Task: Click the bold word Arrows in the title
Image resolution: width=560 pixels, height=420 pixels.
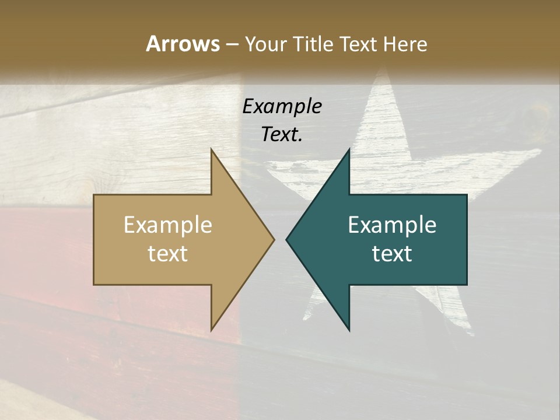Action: (183, 44)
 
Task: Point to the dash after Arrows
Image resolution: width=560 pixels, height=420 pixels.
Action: (232, 45)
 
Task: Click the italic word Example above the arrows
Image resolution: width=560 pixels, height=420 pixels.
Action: (282, 106)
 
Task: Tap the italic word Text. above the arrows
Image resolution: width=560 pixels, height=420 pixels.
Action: (282, 134)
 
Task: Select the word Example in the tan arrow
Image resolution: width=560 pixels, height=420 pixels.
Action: (168, 225)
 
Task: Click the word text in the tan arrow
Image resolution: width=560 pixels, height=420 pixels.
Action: (168, 254)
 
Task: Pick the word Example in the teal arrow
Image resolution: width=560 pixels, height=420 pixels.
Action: (392, 225)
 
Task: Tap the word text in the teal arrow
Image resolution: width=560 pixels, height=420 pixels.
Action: (392, 254)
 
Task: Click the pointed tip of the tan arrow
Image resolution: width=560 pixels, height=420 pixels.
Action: (274, 239)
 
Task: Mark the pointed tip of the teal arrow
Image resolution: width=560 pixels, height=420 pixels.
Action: (286, 239)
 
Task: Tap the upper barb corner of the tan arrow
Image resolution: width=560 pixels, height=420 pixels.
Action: (211, 149)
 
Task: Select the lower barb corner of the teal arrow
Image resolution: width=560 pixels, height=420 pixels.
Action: (349, 330)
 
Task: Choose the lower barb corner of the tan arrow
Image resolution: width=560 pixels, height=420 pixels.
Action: (211, 330)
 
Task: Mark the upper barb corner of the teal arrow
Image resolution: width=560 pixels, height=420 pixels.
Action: (349, 149)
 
